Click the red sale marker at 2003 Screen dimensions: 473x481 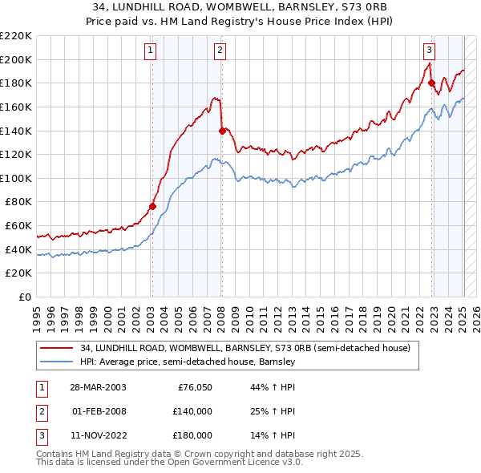152,206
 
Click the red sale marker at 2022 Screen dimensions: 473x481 431,82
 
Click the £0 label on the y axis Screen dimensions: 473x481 24,297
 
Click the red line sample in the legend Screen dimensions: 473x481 57,349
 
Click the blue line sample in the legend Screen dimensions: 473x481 57,362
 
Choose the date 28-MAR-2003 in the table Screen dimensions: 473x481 98,387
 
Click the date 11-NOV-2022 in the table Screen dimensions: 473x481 98,435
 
